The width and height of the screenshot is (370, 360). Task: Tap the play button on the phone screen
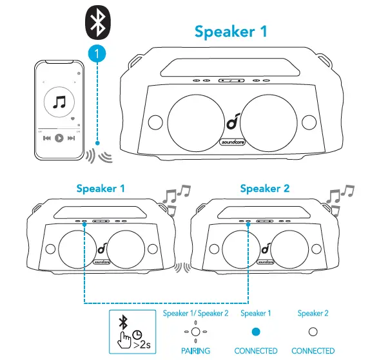pos(59,138)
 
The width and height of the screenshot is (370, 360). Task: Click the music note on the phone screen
pos(59,102)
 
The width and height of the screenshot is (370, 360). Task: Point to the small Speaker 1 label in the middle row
pos(101,189)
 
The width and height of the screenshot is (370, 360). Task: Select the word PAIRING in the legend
pos(196,351)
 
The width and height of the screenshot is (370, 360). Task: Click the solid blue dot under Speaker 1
pos(256,331)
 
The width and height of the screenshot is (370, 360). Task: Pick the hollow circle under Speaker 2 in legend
pos(313,331)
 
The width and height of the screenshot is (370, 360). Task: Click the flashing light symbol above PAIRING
pos(196,331)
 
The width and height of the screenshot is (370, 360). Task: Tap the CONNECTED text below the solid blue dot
pos(256,351)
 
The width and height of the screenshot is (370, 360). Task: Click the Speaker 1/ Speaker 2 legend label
pos(196,314)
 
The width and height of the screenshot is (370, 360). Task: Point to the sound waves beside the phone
pos(98,155)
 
